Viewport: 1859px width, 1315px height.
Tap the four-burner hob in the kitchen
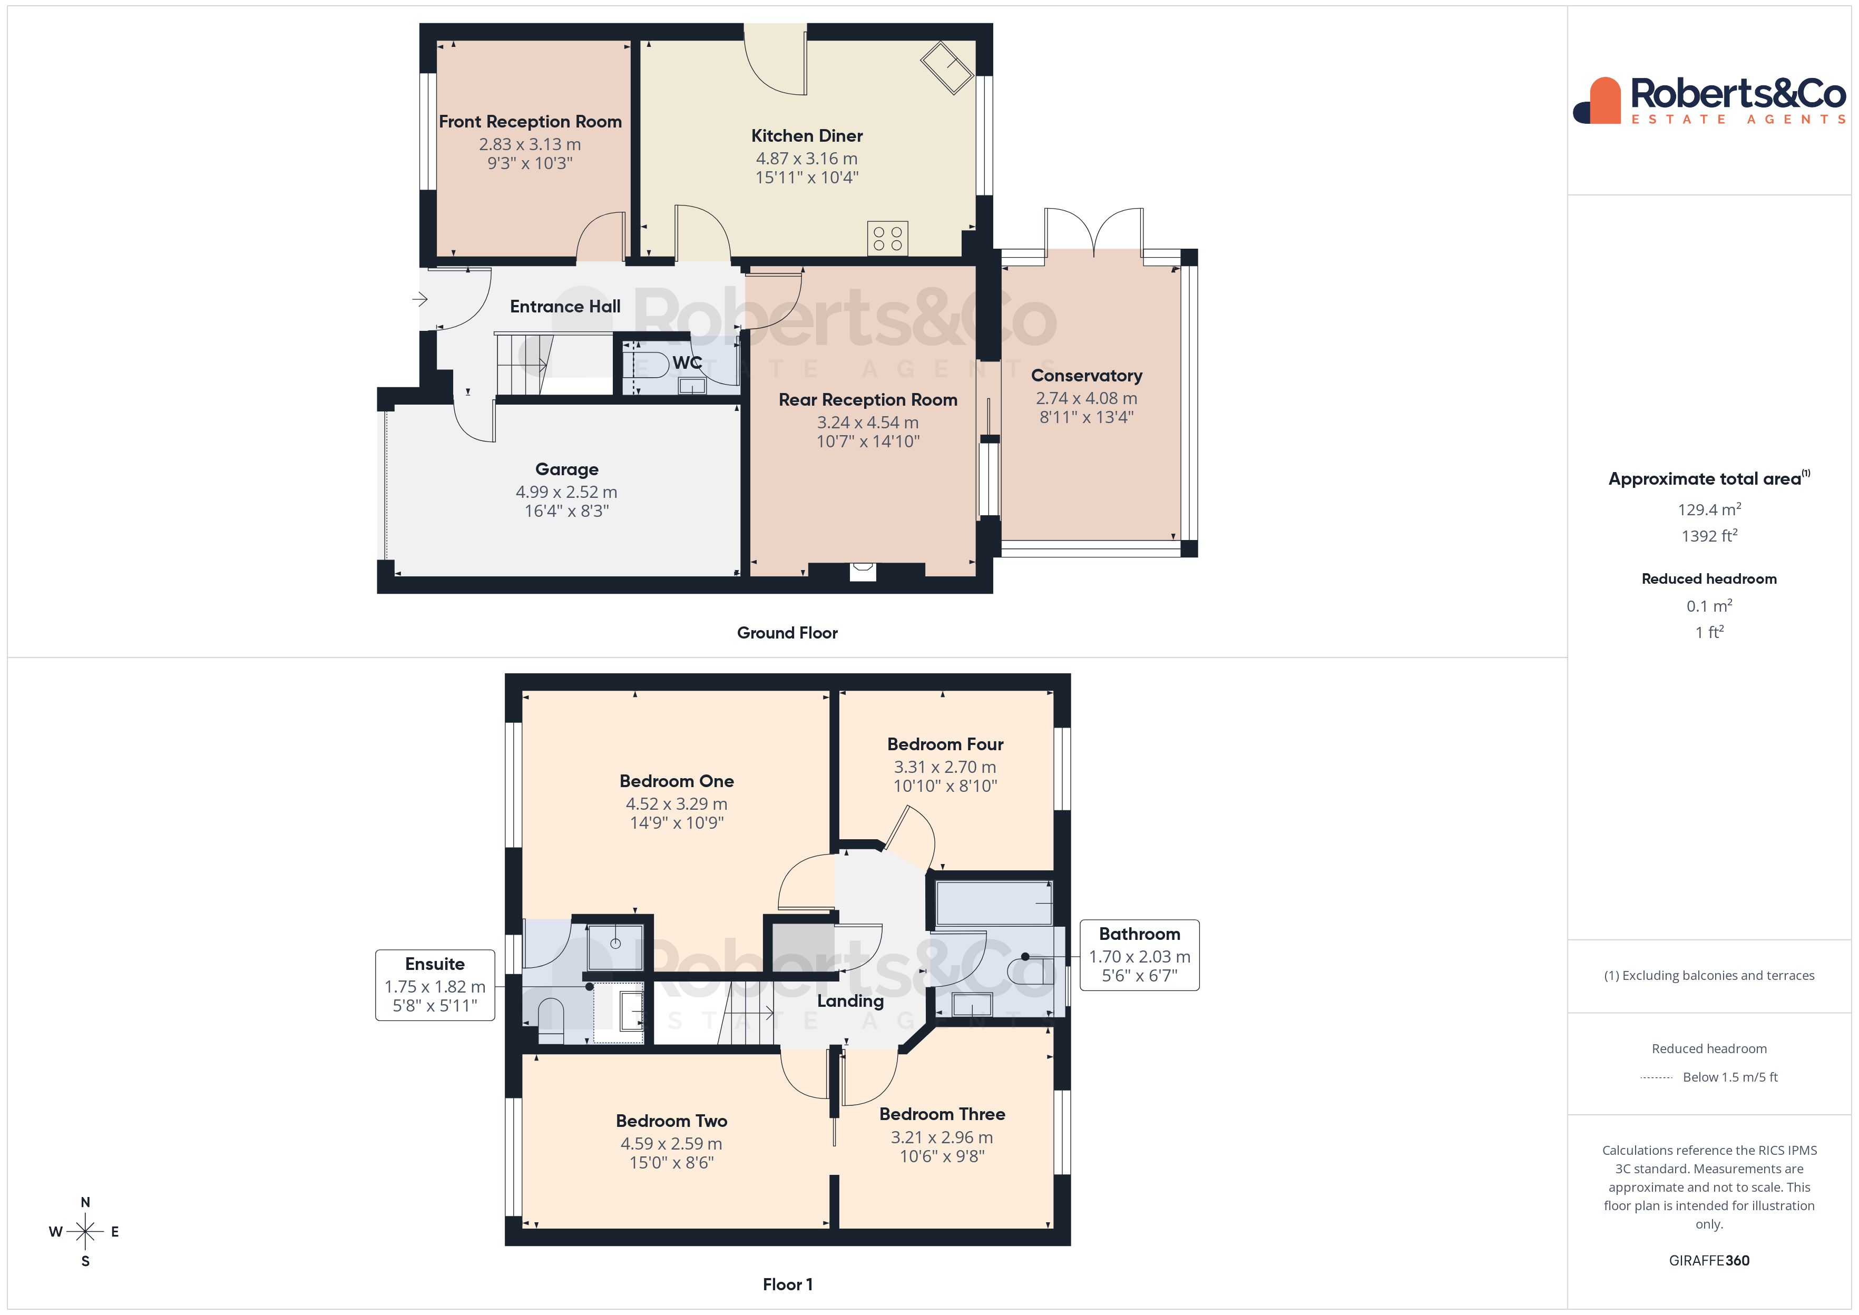(887, 238)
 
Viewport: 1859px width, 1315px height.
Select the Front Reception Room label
(530, 122)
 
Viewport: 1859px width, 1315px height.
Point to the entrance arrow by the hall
(419, 300)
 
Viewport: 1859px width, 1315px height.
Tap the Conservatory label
(1087, 376)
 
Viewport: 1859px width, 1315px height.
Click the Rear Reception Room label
(868, 400)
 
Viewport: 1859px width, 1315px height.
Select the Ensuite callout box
(435, 985)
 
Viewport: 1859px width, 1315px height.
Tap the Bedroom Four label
(945, 744)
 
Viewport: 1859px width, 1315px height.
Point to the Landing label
(850, 1002)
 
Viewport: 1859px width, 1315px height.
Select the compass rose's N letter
(85, 1202)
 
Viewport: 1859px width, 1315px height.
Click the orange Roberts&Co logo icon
(1598, 101)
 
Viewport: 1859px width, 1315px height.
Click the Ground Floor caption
(787, 633)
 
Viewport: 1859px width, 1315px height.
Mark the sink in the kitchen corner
(946, 68)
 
